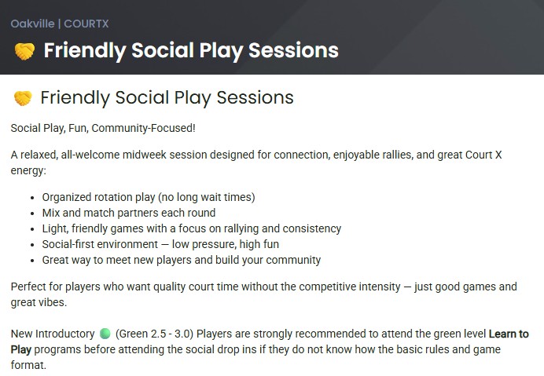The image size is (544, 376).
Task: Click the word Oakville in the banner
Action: tap(32, 24)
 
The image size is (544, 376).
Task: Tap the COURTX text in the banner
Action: tap(86, 24)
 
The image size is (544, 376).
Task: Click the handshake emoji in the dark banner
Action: tap(24, 51)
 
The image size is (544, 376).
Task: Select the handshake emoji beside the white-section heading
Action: tap(23, 98)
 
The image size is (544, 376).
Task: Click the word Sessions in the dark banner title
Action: tap(293, 50)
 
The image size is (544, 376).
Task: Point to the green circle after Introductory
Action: tap(105, 334)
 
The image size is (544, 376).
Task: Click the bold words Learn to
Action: tap(509, 334)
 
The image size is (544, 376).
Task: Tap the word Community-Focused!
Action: tap(144, 128)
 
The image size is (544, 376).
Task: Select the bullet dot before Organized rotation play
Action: tap(32, 199)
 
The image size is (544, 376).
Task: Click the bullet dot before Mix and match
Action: tap(32, 214)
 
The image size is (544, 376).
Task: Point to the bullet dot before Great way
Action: tap(32, 261)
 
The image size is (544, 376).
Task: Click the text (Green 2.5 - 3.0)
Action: tap(154, 334)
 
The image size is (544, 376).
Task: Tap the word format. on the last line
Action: tap(28, 365)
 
